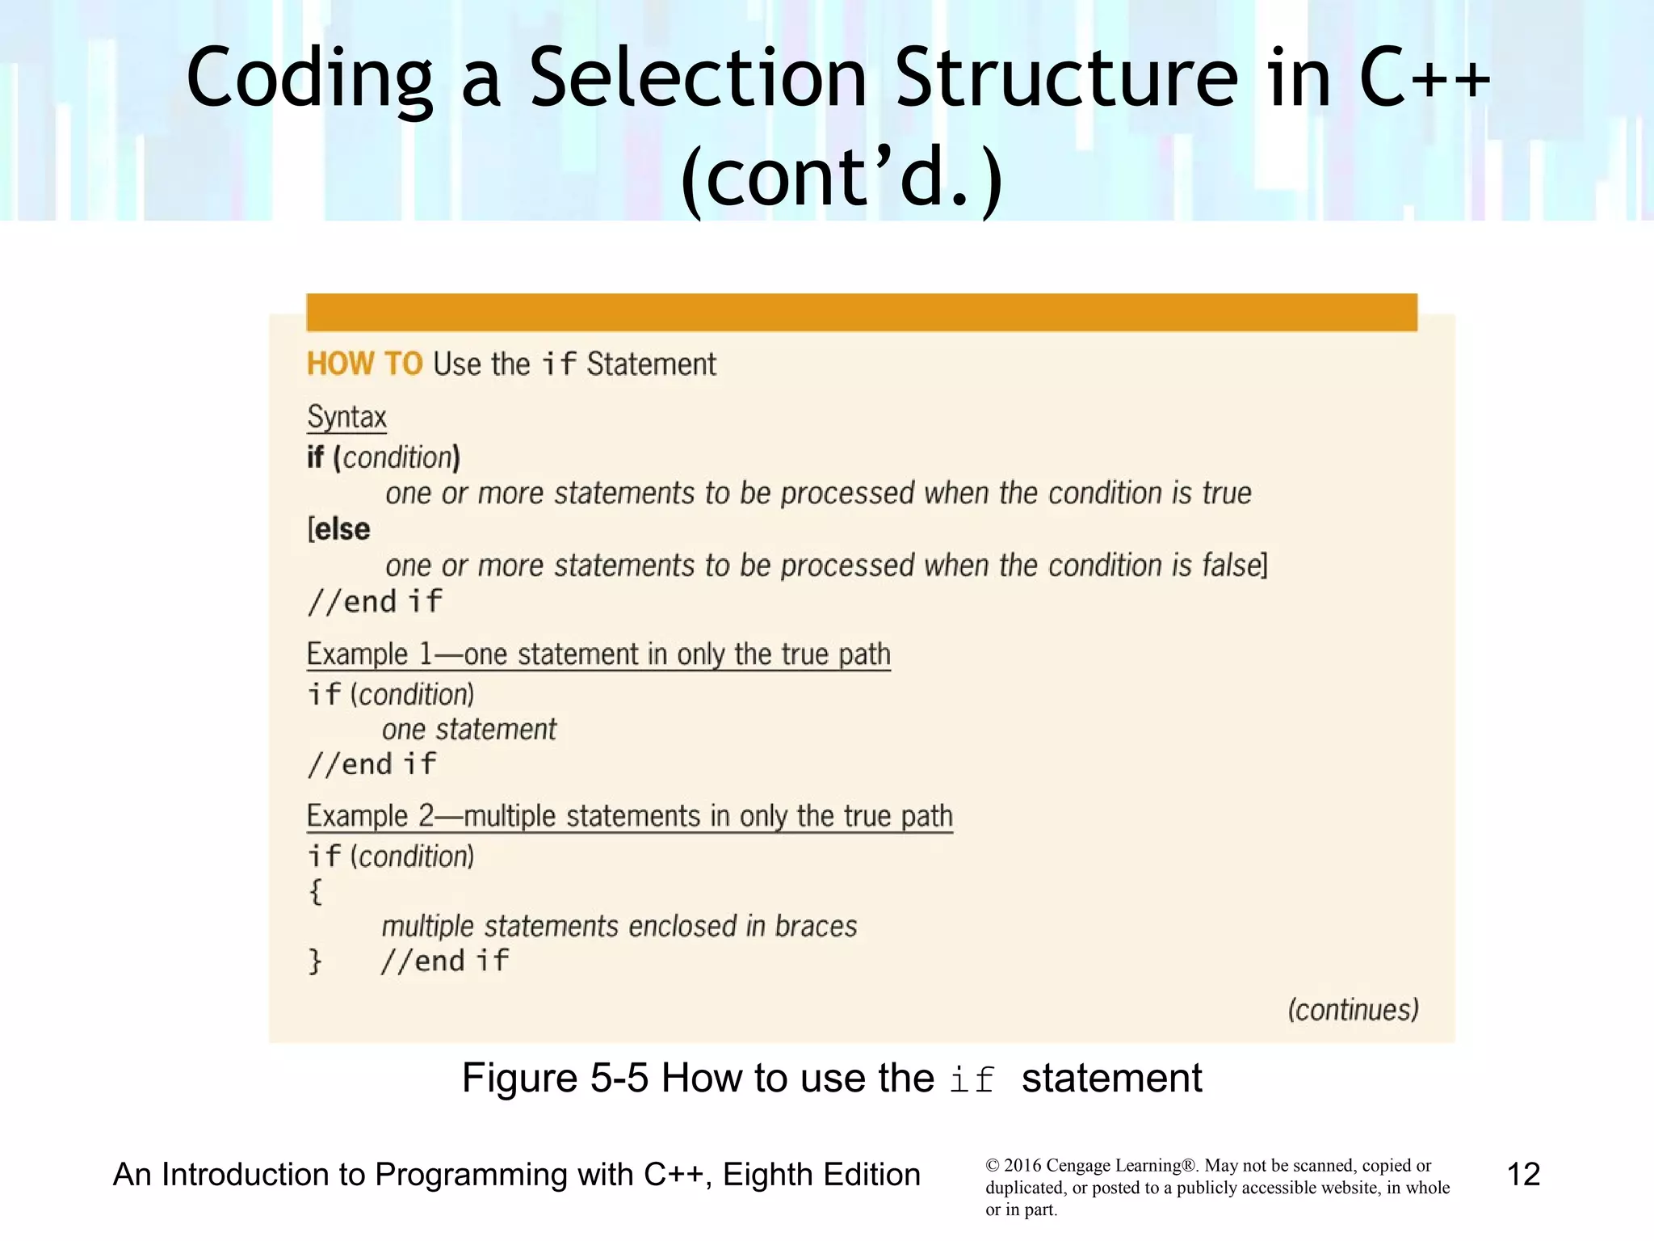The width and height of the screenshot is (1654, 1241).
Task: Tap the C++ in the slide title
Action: [1424, 78]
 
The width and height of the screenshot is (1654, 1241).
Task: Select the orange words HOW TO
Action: [364, 364]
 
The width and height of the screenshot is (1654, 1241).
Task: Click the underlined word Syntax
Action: [346, 418]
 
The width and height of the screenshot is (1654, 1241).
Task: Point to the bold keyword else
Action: [342, 530]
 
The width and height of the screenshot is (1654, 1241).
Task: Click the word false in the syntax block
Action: [1231, 566]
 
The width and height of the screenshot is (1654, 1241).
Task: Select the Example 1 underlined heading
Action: [598, 654]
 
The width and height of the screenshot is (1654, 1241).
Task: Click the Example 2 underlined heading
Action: [629, 816]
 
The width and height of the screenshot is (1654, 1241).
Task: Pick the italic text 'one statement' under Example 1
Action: [469, 730]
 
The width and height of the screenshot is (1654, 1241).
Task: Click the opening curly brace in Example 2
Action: [316, 892]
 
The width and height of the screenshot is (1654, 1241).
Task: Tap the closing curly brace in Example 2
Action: [315, 961]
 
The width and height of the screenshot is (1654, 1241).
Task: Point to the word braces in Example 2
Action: [816, 926]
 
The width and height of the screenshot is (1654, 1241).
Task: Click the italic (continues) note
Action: [1353, 1010]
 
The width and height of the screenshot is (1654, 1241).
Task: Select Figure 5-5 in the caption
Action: [555, 1078]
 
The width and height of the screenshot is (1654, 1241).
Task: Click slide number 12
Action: [1523, 1175]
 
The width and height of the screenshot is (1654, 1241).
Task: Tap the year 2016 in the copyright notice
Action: [1023, 1166]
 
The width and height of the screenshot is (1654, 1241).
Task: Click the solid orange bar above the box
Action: [861, 313]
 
